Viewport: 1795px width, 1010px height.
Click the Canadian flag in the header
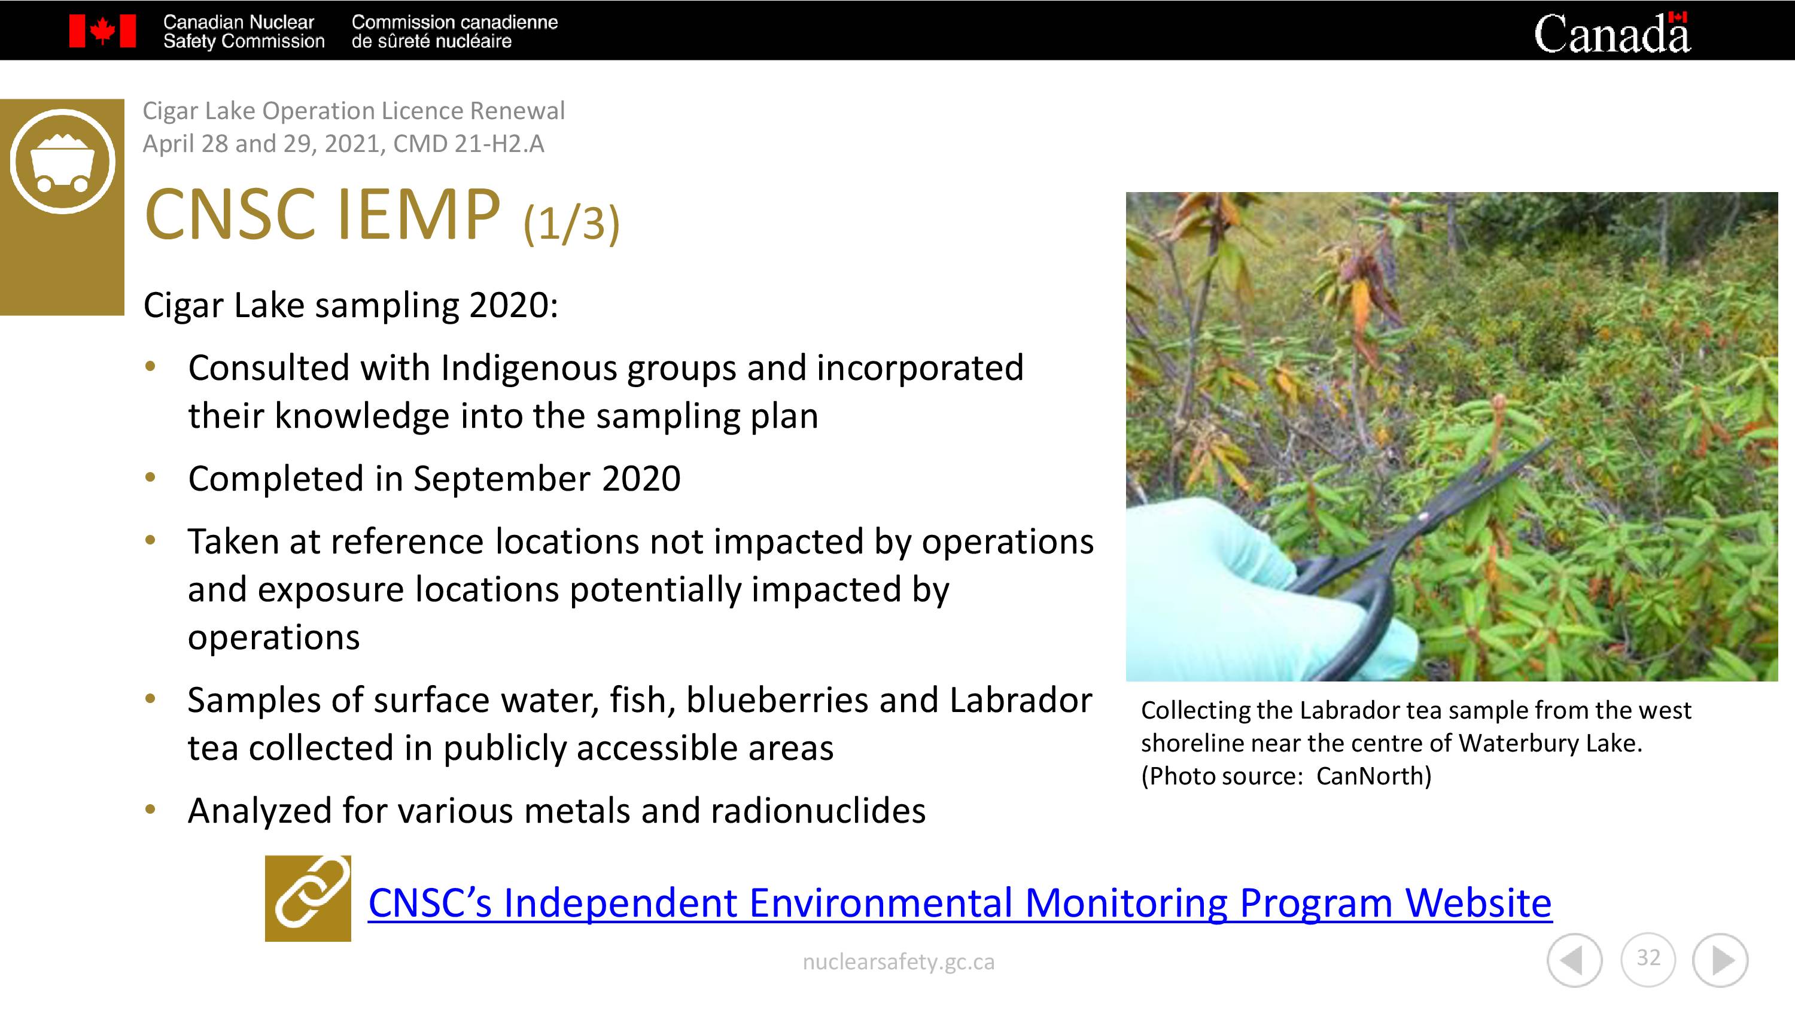click(102, 31)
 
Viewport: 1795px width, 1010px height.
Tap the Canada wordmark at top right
click(1612, 33)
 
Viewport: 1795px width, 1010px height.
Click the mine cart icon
click(62, 161)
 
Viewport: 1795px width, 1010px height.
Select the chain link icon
click(308, 899)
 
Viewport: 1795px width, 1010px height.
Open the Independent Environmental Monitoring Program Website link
click(960, 903)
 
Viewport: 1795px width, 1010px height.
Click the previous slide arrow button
click(1574, 960)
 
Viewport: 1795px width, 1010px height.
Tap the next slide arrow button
click(1720, 960)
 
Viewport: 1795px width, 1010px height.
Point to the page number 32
click(1648, 958)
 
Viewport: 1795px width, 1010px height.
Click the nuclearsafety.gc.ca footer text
click(898, 962)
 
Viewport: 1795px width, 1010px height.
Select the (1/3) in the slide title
click(571, 223)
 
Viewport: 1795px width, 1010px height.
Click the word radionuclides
click(818, 811)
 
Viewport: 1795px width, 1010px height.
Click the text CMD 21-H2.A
click(468, 144)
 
